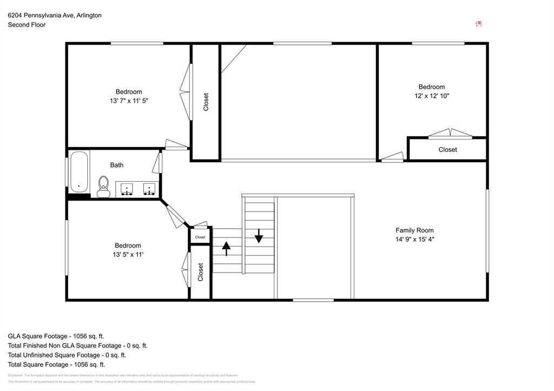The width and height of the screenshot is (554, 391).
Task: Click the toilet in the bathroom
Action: click(x=103, y=186)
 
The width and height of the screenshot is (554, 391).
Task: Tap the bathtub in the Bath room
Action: click(x=79, y=171)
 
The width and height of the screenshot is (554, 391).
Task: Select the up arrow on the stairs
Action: click(x=226, y=248)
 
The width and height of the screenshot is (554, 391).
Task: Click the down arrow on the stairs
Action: click(x=259, y=235)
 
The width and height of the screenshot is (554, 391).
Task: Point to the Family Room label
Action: click(x=414, y=230)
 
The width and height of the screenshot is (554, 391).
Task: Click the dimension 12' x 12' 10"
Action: click(x=431, y=96)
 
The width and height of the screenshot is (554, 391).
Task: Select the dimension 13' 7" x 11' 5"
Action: click(x=129, y=101)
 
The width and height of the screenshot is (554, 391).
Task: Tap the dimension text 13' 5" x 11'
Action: click(x=128, y=254)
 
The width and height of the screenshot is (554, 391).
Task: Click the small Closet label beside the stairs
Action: click(x=200, y=237)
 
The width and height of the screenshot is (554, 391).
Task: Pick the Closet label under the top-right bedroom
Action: click(x=447, y=150)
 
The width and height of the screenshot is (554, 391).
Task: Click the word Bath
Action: click(x=117, y=165)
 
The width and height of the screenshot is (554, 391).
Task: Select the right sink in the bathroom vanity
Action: click(x=149, y=189)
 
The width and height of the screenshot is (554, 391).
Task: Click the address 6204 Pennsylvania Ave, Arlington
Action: click(x=55, y=15)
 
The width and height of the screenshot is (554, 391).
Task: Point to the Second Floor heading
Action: click(x=27, y=25)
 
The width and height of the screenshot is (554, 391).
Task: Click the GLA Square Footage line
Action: click(x=56, y=336)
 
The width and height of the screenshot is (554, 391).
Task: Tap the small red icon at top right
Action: click(x=478, y=24)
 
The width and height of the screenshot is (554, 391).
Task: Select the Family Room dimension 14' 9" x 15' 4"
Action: click(x=414, y=239)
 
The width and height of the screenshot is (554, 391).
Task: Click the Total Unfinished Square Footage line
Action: click(x=67, y=355)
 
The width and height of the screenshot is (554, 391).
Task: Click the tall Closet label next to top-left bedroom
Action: click(x=206, y=102)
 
